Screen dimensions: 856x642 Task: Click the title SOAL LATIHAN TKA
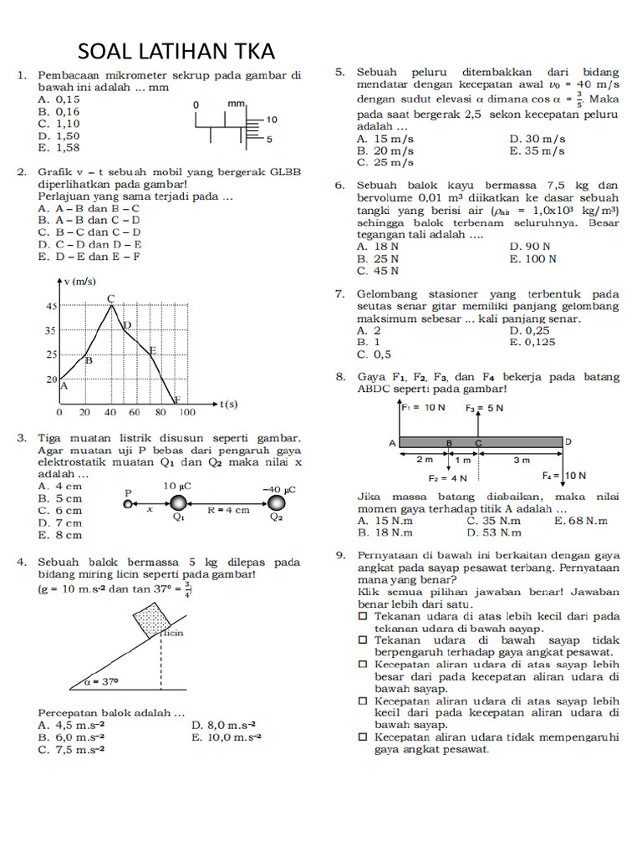pyautogui.click(x=176, y=52)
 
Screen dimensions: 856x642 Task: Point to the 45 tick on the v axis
pyautogui.click(x=50, y=306)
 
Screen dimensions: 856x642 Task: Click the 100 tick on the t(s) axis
pyautogui.click(x=187, y=413)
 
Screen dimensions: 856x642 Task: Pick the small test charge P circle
pyautogui.click(x=127, y=504)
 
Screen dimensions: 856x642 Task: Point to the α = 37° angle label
pyautogui.click(x=104, y=681)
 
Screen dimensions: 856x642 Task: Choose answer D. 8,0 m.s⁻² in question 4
pyautogui.click(x=223, y=726)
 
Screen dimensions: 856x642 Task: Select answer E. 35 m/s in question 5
pyautogui.click(x=536, y=151)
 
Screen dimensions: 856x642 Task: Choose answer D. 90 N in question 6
pyautogui.click(x=529, y=247)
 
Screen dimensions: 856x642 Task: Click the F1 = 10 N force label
pyautogui.click(x=423, y=408)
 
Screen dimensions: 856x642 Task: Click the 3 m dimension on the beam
pyautogui.click(x=522, y=460)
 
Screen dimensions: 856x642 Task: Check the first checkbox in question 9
pyautogui.click(x=363, y=616)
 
